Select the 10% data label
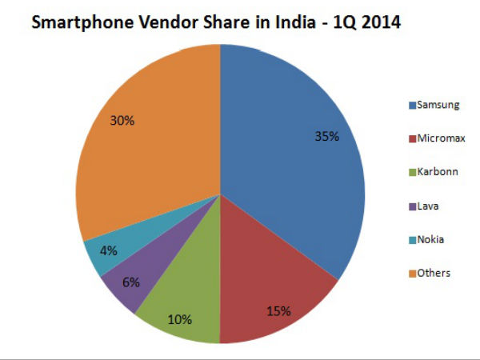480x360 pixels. [x=180, y=320]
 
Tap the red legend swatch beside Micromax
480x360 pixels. [x=412, y=138]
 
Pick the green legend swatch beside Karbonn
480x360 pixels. [x=412, y=172]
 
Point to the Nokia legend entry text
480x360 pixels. [x=430, y=239]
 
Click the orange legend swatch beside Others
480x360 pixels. [x=412, y=274]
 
